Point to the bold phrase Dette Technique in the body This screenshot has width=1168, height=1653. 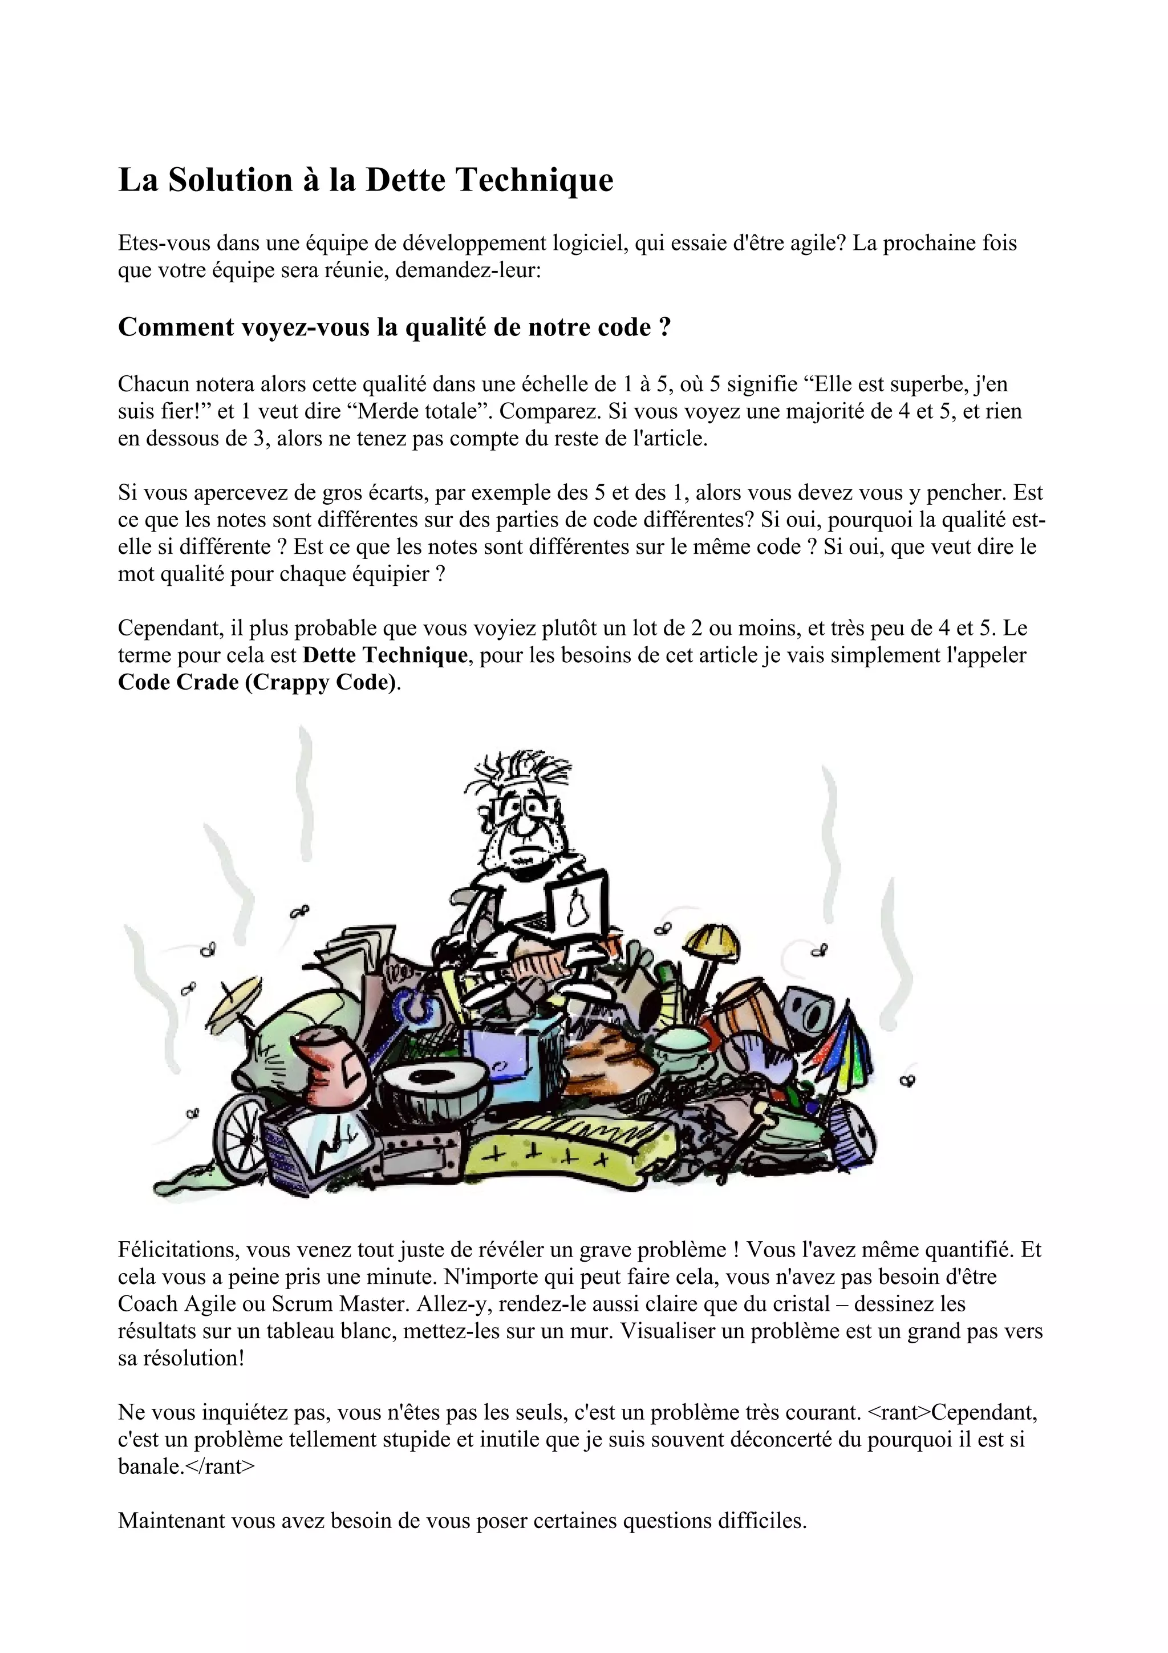[x=385, y=655]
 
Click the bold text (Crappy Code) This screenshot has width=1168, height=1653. [x=321, y=682]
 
